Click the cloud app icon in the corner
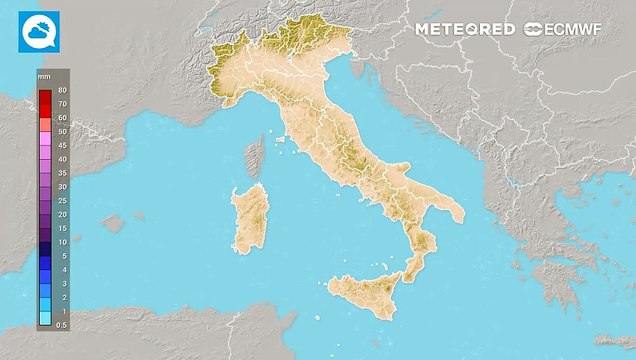[39, 31]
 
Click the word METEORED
[465, 30]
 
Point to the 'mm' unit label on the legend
[44, 76]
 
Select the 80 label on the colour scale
[62, 90]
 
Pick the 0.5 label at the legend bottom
[62, 325]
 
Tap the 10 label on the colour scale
[62, 242]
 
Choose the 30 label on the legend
[62, 187]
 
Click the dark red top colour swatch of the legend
[45, 97]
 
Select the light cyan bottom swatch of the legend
[45, 319]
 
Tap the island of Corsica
[254, 158]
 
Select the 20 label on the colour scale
[62, 214]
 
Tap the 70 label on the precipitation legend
[62, 104]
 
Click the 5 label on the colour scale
[62, 256]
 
